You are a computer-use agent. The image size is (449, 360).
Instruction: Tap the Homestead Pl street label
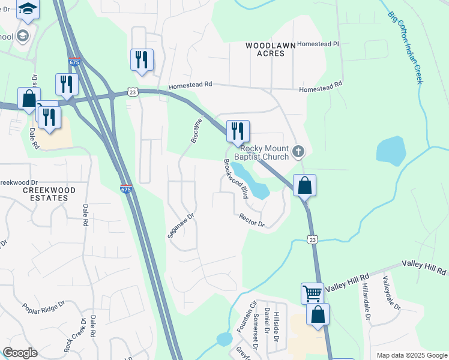[318, 44]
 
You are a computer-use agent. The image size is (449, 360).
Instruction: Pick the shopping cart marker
[312, 293]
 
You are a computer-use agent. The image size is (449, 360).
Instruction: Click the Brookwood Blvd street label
[235, 179]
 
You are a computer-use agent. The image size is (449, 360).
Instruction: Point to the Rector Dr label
[252, 220]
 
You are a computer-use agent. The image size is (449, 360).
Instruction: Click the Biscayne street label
[196, 130]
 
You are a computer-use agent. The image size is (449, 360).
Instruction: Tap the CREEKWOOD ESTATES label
[49, 194]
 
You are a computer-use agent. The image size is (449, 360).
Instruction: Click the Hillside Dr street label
[277, 326]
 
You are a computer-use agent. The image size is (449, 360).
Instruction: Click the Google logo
[20, 353]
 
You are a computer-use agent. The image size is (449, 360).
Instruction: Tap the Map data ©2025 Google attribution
[411, 355]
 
